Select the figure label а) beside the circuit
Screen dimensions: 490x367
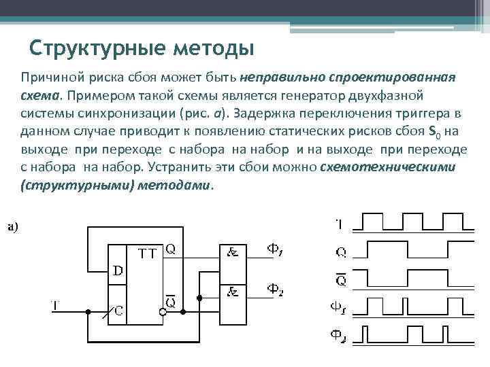[13, 227]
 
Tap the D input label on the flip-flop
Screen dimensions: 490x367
[118, 270]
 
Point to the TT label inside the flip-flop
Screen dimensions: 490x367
[148, 254]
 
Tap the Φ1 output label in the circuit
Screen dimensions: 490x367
[275, 250]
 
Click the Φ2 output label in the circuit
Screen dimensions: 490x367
[275, 290]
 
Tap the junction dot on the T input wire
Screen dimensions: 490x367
[88, 312]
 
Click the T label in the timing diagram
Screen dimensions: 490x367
[340, 223]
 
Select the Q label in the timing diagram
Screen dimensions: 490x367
[340, 253]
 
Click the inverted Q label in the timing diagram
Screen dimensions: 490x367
[340, 279]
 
